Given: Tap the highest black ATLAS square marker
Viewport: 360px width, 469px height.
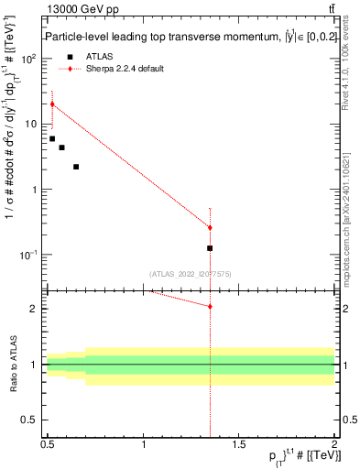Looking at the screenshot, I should coord(52,138).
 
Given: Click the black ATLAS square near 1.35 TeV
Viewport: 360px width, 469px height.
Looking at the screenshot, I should coord(210,248).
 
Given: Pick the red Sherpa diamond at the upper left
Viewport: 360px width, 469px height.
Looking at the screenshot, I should coord(52,104).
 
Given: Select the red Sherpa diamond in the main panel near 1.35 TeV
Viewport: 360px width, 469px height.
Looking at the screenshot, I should coord(210,227).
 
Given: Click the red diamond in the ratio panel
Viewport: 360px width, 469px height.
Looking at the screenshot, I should coord(210,306).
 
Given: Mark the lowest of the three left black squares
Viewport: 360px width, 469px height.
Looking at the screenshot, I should coord(76,167).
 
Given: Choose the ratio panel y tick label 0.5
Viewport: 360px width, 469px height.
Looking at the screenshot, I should coord(29,420).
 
